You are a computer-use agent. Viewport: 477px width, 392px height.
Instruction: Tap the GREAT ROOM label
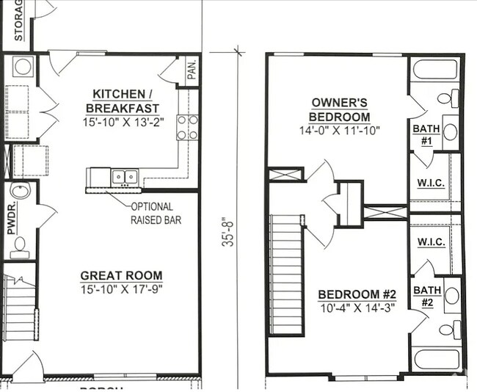click(x=120, y=276)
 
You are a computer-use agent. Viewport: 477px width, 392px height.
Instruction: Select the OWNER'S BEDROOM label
click(x=340, y=110)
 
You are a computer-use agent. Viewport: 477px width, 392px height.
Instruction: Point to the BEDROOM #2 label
click(x=356, y=295)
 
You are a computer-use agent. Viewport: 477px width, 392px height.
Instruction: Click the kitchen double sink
click(x=125, y=177)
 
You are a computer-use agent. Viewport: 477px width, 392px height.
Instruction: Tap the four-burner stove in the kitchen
click(x=187, y=127)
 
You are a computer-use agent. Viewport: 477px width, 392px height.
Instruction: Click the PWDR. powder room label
click(x=10, y=219)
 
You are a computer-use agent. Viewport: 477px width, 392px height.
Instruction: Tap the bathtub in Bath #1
click(x=434, y=70)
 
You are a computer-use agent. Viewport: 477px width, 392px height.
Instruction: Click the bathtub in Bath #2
click(x=436, y=360)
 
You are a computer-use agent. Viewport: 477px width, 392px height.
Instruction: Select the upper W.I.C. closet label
click(x=431, y=183)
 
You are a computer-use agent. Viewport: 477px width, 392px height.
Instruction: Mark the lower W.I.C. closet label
click(x=431, y=242)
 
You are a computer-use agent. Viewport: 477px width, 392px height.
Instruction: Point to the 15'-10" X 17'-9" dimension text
click(x=121, y=289)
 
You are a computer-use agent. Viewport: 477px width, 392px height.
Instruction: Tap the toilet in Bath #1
click(x=448, y=98)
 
